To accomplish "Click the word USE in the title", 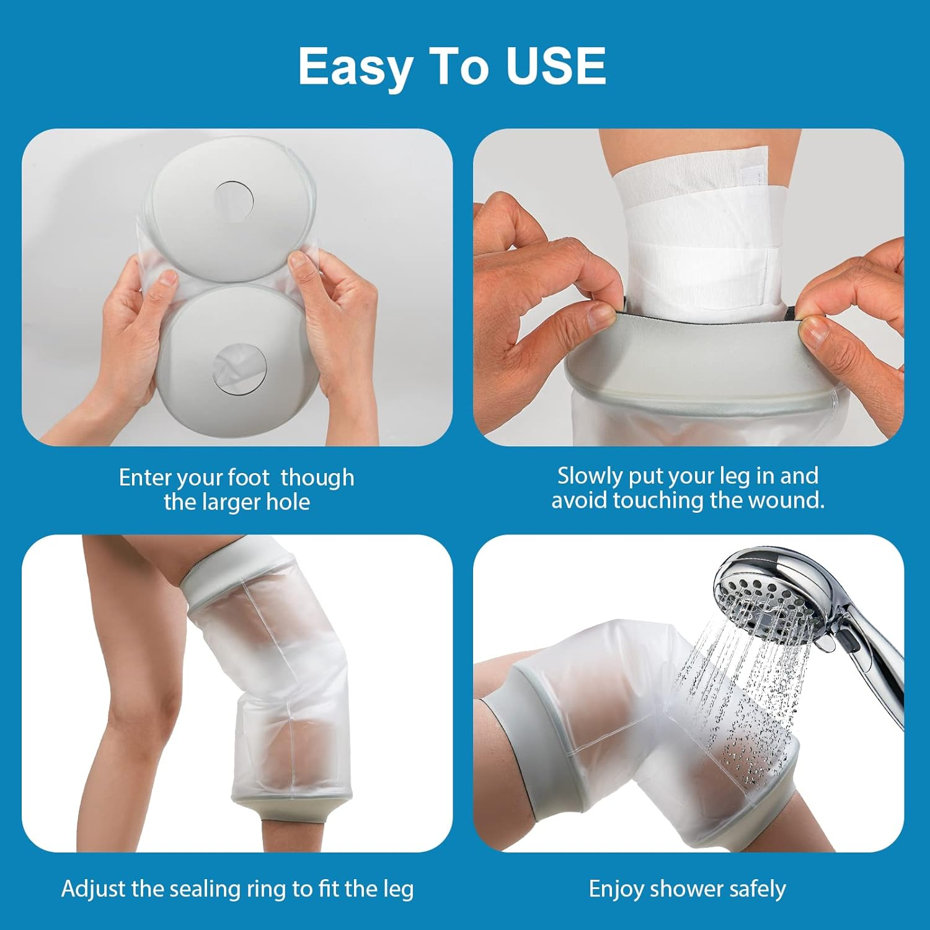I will coord(556,66).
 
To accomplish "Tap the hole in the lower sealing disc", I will coord(239,371).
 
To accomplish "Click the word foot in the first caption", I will coord(248,477).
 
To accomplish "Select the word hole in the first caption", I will coord(288,502).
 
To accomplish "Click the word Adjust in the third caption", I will coord(93,888).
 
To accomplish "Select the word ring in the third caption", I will coord(268,888).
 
